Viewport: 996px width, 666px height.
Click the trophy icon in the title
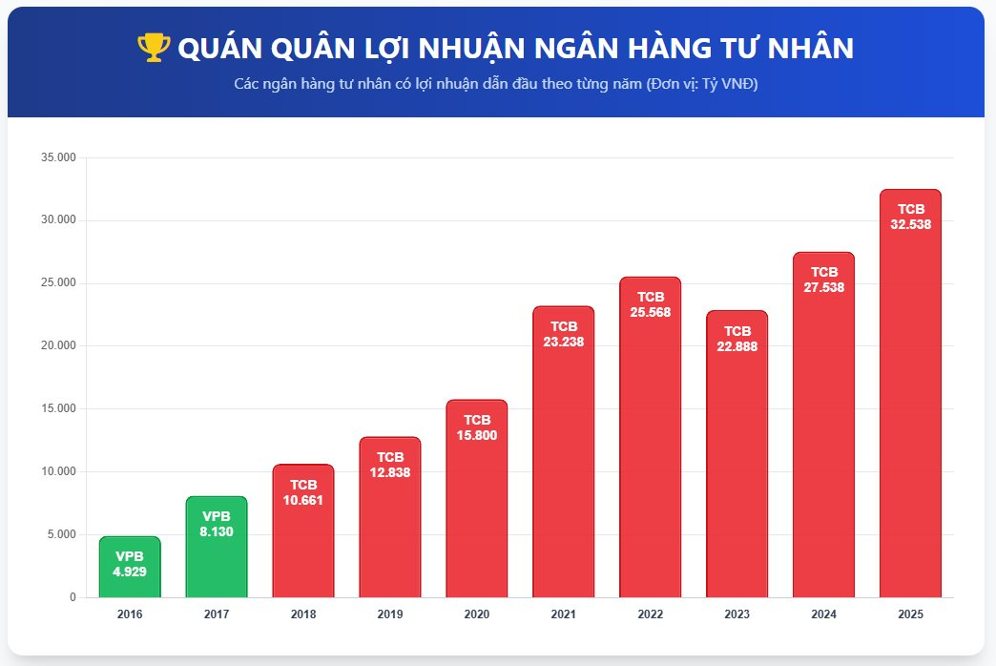point(153,48)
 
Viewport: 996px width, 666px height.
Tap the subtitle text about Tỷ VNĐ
point(496,84)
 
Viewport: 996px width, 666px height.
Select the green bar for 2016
point(130,568)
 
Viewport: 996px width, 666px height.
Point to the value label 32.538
point(910,225)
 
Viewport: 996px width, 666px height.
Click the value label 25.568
point(650,312)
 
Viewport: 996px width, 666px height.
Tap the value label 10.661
point(303,499)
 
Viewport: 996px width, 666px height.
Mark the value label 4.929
point(130,572)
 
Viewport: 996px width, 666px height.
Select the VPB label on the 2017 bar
point(217,516)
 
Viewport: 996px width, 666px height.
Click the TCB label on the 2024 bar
point(824,272)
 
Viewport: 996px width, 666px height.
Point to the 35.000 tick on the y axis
point(58,157)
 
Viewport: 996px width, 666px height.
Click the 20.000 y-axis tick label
point(58,345)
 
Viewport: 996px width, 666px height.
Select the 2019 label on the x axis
point(390,614)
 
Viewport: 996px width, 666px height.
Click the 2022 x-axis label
point(650,614)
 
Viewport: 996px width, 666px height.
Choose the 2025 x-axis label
point(910,614)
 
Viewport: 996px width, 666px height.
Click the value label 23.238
point(563,342)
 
